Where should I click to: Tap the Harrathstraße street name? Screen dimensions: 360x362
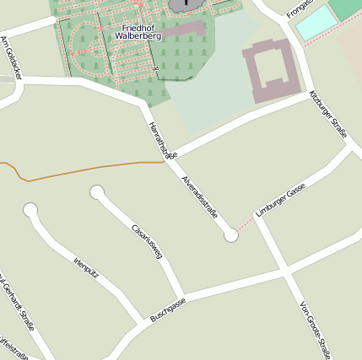tap(163, 140)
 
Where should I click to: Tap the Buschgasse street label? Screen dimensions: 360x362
tap(167, 309)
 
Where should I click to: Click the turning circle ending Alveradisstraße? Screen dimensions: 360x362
tap(231, 236)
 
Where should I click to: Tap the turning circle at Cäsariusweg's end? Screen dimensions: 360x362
tap(97, 192)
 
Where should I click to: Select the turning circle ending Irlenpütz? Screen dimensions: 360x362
tap(31, 209)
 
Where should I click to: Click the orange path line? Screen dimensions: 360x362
tap(84, 169)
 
